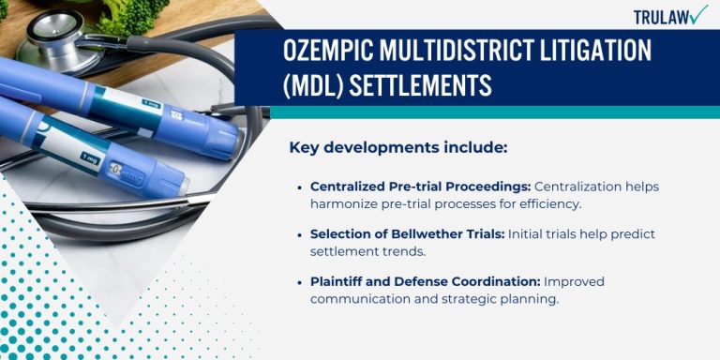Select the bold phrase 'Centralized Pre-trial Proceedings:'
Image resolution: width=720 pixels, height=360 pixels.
[x=421, y=186]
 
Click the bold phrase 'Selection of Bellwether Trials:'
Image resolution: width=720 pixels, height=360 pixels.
[x=408, y=233]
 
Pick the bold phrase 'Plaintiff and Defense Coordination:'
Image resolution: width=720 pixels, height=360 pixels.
[x=424, y=280]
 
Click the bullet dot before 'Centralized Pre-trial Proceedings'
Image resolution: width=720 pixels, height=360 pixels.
[x=299, y=187]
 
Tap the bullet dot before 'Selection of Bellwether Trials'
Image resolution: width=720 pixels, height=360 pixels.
[x=299, y=234]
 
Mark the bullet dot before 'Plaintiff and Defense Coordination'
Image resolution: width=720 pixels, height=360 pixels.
[x=299, y=281]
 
